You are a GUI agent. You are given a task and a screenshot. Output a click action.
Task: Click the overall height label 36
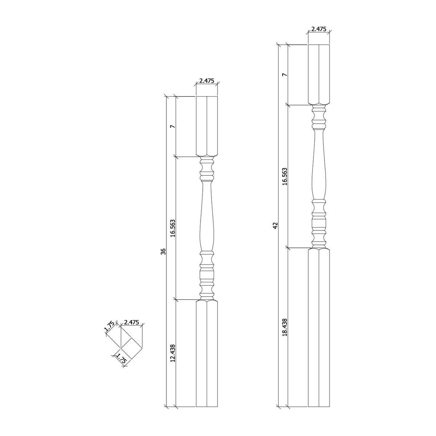[163, 251]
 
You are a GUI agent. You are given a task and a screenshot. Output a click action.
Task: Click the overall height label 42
[275, 226]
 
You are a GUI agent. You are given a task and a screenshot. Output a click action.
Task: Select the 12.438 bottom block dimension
[173, 354]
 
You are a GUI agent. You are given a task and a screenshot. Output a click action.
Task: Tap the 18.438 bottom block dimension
[285, 328]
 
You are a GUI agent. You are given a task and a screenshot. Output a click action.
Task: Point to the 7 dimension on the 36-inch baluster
[173, 126]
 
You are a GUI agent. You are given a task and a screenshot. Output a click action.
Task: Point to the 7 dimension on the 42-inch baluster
[285, 75]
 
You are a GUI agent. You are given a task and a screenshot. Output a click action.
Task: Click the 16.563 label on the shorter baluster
[173, 228]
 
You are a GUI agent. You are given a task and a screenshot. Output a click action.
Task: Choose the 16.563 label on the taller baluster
[285, 177]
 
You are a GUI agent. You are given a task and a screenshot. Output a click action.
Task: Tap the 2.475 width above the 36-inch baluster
[207, 81]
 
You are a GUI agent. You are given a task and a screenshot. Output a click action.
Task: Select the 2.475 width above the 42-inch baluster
[319, 29]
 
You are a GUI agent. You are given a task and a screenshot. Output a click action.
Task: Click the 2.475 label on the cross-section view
[131, 322]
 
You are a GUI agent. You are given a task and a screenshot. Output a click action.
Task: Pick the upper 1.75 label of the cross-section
[110, 327]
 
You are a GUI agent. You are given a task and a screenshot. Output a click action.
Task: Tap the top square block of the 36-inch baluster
[207, 126]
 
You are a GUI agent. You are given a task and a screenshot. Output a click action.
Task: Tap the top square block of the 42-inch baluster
[319, 74]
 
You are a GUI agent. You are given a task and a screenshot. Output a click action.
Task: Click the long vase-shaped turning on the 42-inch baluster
[319, 167]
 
